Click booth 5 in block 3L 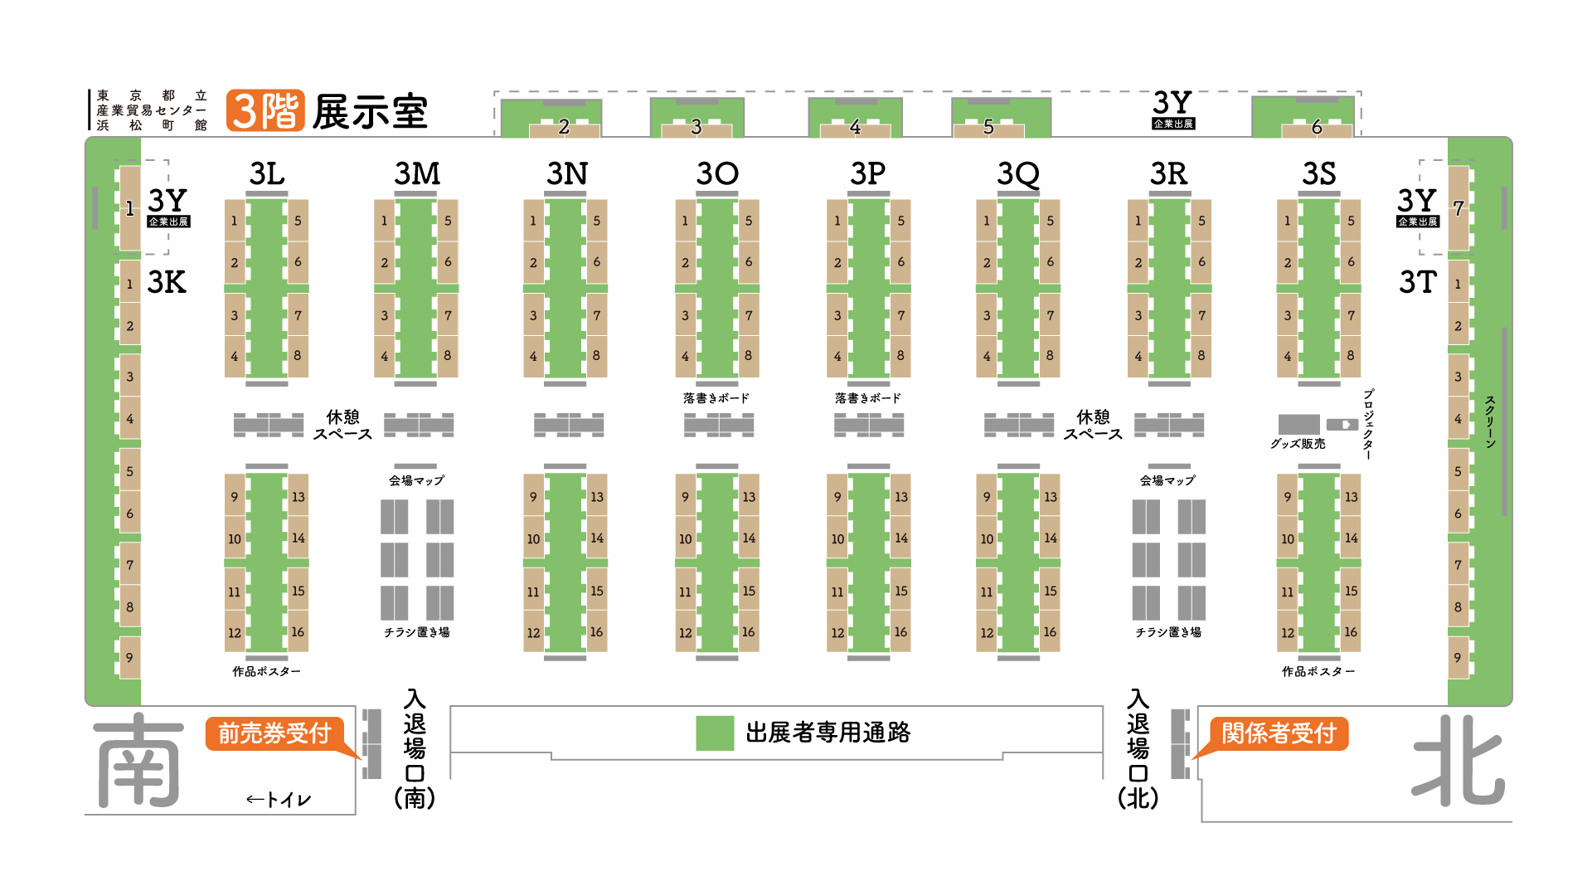click(298, 221)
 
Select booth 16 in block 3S click(1351, 632)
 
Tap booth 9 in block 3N click(533, 497)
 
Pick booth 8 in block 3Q click(1050, 356)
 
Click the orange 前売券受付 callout click(274, 733)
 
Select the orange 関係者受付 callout click(1279, 733)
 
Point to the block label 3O click(717, 173)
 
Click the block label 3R click(1168, 173)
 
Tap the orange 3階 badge click(265, 111)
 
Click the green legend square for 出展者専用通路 click(715, 733)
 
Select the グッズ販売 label click(1298, 444)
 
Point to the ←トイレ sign click(279, 800)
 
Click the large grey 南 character click(139, 761)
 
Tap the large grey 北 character click(1459, 761)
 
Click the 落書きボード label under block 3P click(868, 398)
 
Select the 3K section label click(167, 283)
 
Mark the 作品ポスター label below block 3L click(266, 671)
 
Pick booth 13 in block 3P click(901, 497)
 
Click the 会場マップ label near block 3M click(416, 480)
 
